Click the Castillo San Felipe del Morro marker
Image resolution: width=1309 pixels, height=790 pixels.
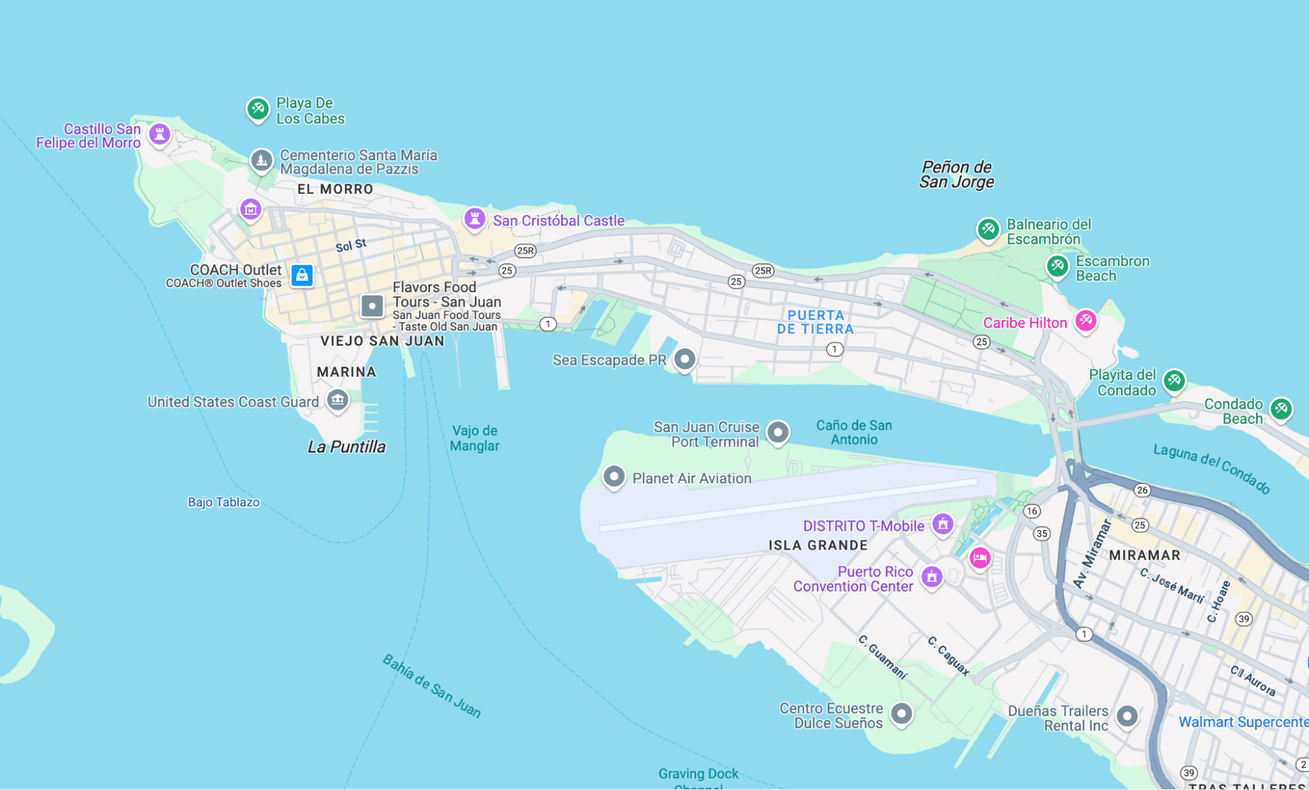click(x=159, y=134)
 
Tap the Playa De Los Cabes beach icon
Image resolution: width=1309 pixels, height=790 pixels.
click(x=257, y=108)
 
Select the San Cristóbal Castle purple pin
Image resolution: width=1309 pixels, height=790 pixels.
click(x=474, y=218)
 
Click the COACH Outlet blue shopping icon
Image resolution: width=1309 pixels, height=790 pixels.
click(x=302, y=275)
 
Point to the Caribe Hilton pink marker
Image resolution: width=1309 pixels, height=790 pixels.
click(x=1085, y=320)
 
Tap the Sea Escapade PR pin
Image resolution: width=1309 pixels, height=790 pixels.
click(x=684, y=359)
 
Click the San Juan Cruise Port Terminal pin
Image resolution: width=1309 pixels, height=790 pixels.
click(x=777, y=432)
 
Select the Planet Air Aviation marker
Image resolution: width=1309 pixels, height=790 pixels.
click(x=614, y=476)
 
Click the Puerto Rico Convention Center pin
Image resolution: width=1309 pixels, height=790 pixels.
click(x=931, y=576)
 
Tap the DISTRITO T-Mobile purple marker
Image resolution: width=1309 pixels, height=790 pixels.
click(x=942, y=523)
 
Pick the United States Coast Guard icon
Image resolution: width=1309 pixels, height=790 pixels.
click(x=337, y=399)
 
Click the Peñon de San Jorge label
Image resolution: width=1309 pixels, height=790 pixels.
click(x=956, y=174)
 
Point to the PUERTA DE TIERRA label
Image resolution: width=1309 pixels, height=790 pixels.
click(x=815, y=322)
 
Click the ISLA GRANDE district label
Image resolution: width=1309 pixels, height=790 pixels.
click(x=818, y=545)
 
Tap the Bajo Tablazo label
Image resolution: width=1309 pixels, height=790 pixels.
click(x=223, y=502)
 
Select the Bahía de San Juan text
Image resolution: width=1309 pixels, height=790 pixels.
click(x=432, y=686)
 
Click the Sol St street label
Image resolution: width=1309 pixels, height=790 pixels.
click(x=351, y=246)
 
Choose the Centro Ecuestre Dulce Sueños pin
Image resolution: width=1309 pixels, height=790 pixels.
click(x=901, y=713)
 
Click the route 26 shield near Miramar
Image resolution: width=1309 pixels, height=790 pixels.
click(x=1142, y=490)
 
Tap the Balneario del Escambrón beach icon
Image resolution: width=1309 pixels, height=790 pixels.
click(x=987, y=229)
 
